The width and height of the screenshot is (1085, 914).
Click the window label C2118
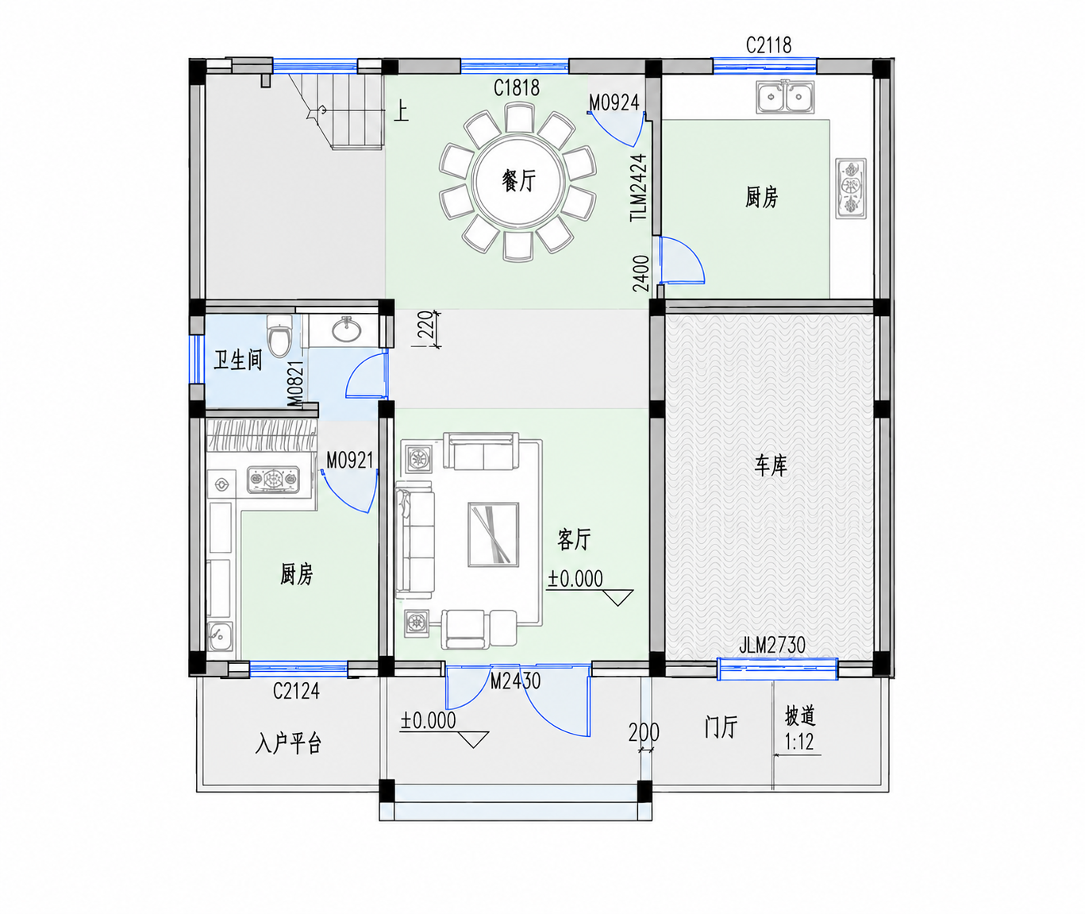point(768,45)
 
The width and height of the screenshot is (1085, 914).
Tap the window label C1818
point(517,88)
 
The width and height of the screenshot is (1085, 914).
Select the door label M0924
point(614,103)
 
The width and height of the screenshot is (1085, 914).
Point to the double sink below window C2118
point(786,97)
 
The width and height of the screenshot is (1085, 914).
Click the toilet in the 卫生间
point(279,335)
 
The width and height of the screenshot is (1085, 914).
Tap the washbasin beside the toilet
point(345,329)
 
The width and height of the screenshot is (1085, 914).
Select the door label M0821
point(295,384)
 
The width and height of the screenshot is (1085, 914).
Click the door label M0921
point(350,460)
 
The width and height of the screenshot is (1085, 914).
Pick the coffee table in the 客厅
point(493,534)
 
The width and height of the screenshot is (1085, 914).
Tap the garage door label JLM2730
point(772,646)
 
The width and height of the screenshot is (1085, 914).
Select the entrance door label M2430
point(515,681)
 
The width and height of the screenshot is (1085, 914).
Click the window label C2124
point(296,691)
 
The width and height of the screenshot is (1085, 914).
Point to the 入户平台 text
point(288,743)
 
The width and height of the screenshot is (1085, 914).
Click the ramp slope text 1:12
point(798,742)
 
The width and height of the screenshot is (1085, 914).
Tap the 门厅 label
point(721,727)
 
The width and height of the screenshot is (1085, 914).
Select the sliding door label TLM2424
point(638,187)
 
